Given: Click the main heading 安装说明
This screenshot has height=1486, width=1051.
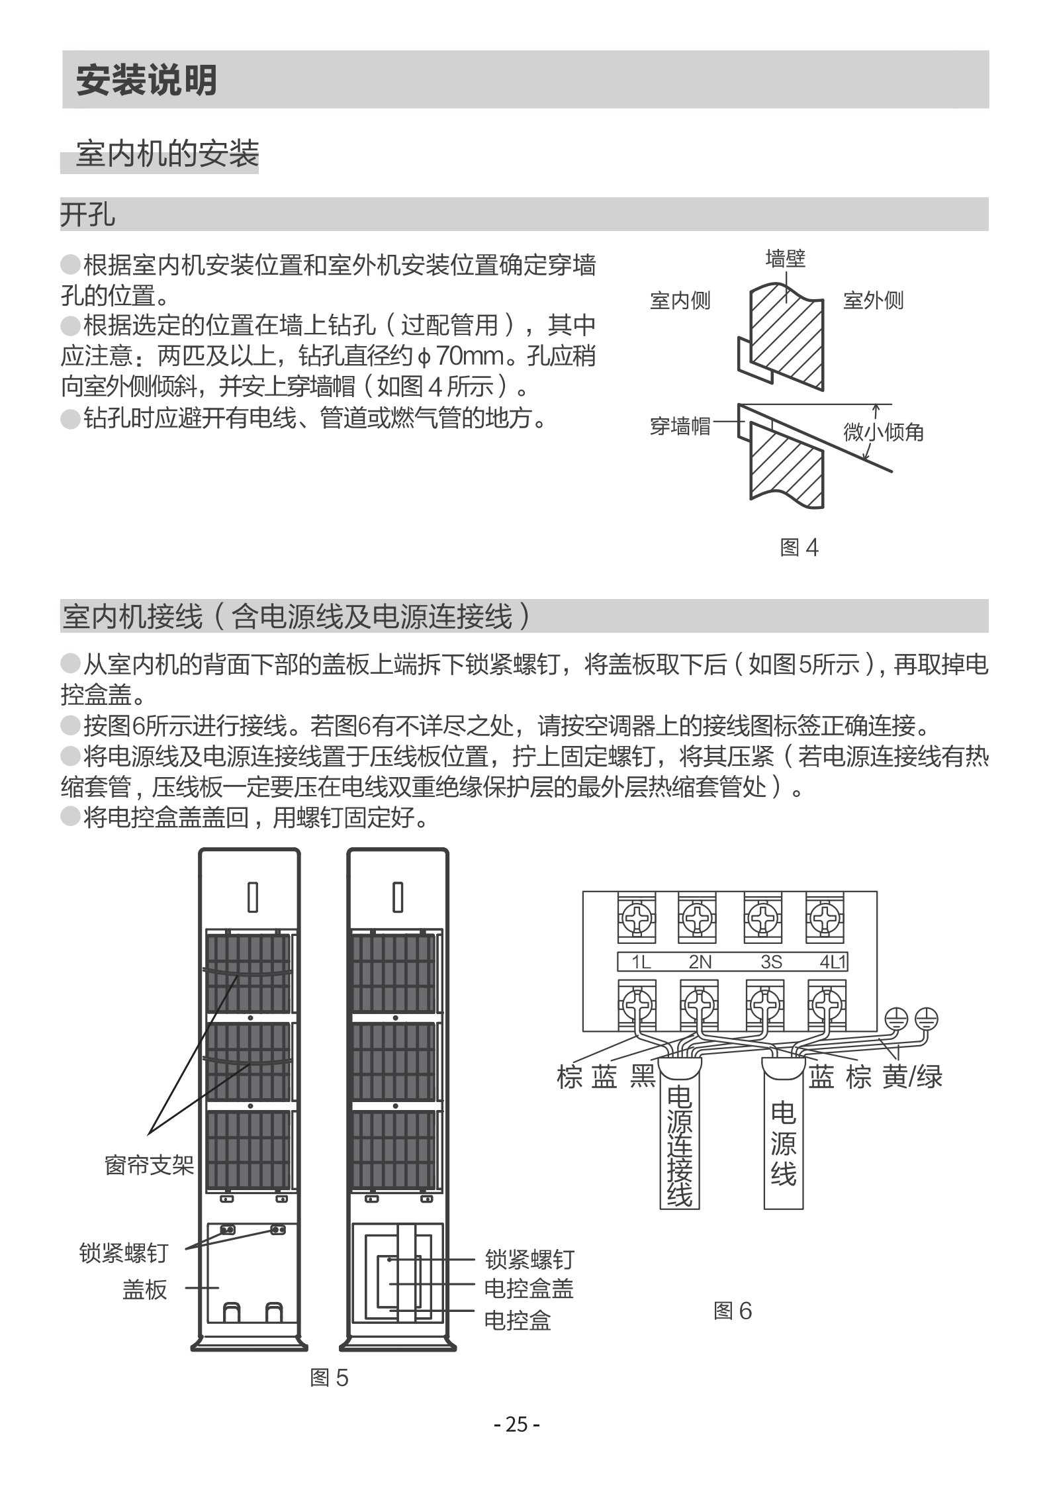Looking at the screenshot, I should click(146, 81).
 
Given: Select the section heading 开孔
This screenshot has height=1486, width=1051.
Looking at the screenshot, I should click(87, 214).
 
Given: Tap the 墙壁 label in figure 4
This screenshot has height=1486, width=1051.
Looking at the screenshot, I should click(785, 258).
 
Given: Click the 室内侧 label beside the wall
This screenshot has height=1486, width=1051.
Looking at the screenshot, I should click(680, 301).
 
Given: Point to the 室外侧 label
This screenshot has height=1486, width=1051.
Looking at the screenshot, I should click(873, 301).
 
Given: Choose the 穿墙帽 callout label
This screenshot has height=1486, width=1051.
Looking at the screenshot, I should click(680, 426).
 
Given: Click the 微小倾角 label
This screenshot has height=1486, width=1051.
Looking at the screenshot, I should click(884, 432).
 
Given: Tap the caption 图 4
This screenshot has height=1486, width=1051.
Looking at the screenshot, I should click(800, 547).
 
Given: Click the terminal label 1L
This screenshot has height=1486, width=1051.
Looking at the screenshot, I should click(641, 962).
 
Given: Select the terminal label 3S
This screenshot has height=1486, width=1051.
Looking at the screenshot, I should click(771, 962).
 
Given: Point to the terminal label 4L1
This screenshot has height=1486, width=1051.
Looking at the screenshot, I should click(833, 962).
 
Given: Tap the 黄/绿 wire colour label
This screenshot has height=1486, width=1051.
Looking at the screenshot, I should click(912, 1078).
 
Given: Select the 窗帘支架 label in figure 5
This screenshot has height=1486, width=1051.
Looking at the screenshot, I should click(150, 1165).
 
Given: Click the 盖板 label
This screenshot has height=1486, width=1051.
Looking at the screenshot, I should click(145, 1289).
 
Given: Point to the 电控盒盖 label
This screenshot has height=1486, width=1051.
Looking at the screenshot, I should click(529, 1288).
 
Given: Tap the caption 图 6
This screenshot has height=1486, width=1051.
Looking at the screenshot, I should click(733, 1311).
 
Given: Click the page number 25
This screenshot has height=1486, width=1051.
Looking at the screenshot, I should click(517, 1423).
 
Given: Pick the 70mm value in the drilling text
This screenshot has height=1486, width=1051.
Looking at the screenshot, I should click(471, 357).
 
